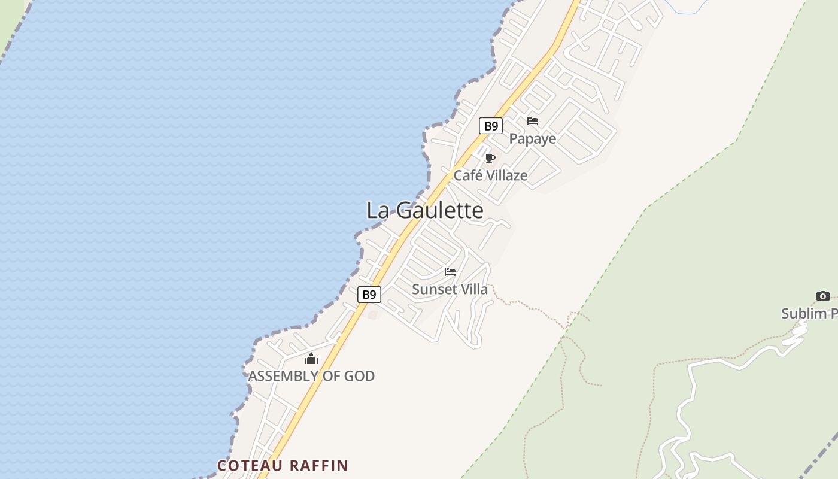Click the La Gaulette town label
[x=425, y=210]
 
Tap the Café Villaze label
[x=490, y=175]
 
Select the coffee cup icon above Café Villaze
[x=490, y=158]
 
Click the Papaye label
[x=532, y=139]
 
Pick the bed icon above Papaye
[x=533, y=121]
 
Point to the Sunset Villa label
[x=450, y=289]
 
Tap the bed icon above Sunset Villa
[x=450, y=272]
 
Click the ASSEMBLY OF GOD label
[x=311, y=376]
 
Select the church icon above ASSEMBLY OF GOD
[x=311, y=359]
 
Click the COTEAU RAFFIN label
[x=283, y=465]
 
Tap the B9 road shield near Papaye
[x=490, y=126]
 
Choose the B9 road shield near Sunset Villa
[x=369, y=295]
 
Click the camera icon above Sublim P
[x=823, y=296]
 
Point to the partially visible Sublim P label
[x=809, y=313]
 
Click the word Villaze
[x=506, y=175]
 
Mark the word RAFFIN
[x=319, y=465]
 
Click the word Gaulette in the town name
[x=440, y=210]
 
